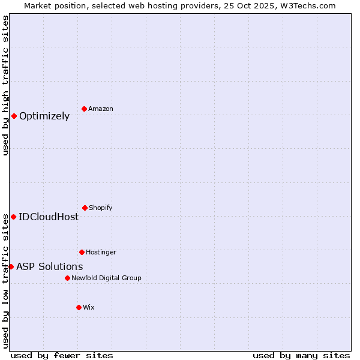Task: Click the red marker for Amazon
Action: click(84, 109)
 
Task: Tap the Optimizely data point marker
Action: click(14, 116)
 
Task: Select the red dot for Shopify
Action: click(85, 208)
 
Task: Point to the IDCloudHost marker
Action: click(13, 217)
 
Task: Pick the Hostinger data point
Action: click(82, 252)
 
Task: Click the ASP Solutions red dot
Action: click(11, 266)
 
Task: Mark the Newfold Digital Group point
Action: click(67, 278)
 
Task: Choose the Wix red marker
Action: click(79, 307)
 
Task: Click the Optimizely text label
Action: click(44, 116)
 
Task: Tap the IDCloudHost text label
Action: click(49, 217)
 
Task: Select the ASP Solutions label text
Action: click(50, 267)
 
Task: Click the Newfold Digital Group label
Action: click(106, 278)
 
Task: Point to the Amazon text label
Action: click(101, 109)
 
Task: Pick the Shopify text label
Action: click(101, 208)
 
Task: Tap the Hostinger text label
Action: click(101, 253)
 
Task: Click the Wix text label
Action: click(89, 308)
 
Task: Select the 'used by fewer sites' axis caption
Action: click(62, 356)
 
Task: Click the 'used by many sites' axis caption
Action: click(301, 356)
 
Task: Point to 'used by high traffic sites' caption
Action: click(5, 85)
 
